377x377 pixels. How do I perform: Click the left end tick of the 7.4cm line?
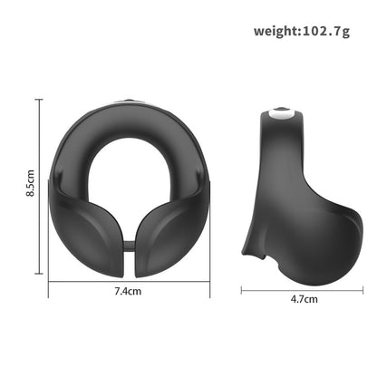pyautogui.click(x=48, y=282)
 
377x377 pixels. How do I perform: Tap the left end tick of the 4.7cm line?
pyautogui.click(x=241, y=289)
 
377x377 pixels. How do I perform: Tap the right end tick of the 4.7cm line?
pyautogui.click(x=363, y=289)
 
